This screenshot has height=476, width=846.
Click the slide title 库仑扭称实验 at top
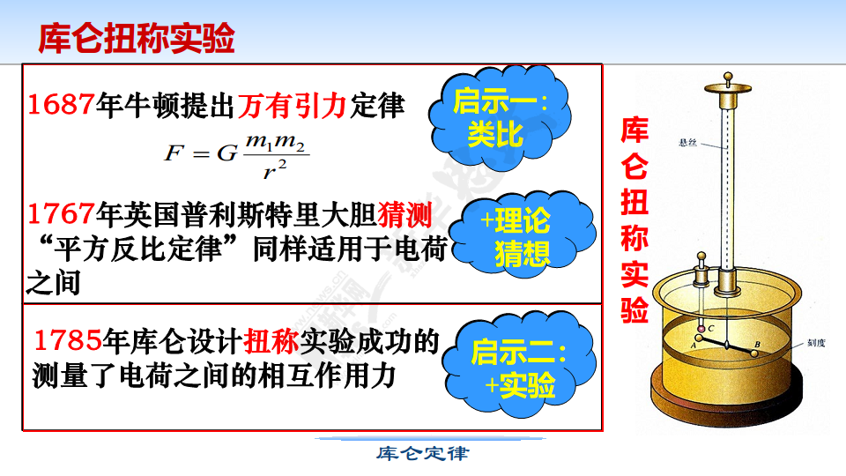[137, 38]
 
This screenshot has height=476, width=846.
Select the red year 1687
[61, 104]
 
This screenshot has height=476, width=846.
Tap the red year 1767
[61, 214]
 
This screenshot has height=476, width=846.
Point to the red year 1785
[68, 340]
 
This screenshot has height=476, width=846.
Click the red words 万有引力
[292, 105]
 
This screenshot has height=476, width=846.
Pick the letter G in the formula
[227, 153]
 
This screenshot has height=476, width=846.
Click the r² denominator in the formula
[275, 169]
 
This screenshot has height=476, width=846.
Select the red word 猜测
[404, 215]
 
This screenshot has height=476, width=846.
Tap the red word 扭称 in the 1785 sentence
[271, 341]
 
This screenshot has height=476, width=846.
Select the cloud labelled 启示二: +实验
[519, 366]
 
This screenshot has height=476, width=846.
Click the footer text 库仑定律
[422, 453]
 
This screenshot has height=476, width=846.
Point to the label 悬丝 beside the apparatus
[688, 143]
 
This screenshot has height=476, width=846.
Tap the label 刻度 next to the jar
[816, 343]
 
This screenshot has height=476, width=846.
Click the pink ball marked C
[701, 329]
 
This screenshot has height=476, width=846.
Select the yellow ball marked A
[699, 338]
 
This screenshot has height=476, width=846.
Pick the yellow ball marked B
[753, 353]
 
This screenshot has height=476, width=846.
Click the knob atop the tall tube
[729, 77]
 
